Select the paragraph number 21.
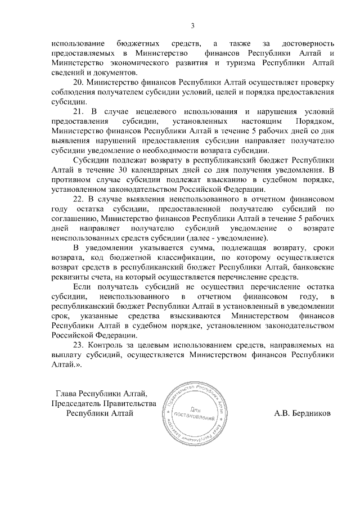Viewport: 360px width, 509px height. (79, 112)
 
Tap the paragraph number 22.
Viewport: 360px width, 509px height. (79, 199)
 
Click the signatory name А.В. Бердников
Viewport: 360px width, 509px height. (303, 413)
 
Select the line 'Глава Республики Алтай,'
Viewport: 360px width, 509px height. (102, 393)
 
